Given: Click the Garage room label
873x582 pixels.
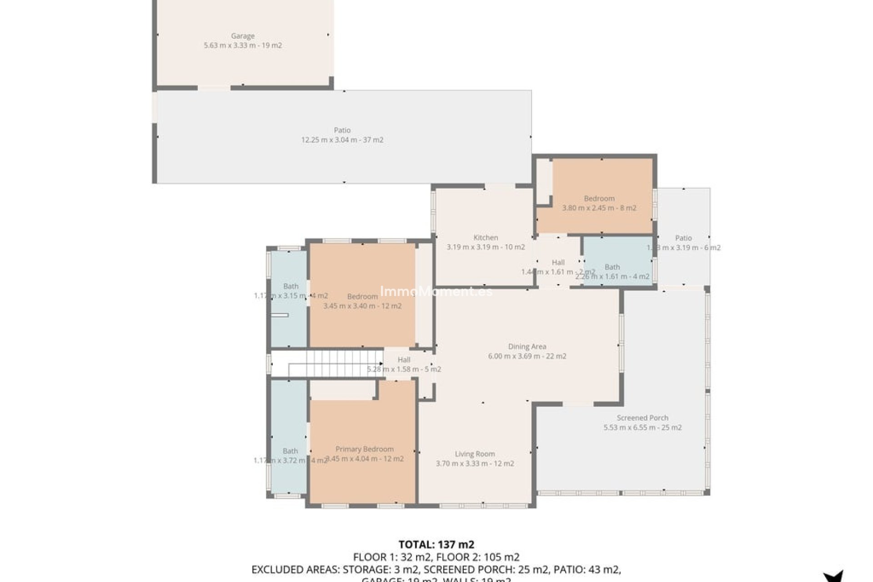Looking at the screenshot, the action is point(242,36).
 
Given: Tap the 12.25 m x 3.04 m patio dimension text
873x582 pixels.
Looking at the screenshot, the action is point(342,140).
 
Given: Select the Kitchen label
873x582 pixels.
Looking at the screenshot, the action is point(486,237).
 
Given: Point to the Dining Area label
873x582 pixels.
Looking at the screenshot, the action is point(527,346).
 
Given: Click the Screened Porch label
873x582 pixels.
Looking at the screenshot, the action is point(642,418).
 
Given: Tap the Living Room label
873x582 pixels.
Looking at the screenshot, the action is point(475,454).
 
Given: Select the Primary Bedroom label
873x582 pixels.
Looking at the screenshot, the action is point(364,449).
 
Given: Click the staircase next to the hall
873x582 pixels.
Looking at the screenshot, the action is point(336,363).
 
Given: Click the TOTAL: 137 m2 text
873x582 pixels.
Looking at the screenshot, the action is point(436,544).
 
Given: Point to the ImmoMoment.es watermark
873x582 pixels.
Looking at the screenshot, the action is point(436,291).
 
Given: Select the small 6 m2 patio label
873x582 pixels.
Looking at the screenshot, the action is point(683,238).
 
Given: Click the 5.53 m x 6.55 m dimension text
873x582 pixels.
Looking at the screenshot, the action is point(642,427).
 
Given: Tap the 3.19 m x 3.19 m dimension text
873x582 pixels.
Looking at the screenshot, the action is point(486,247).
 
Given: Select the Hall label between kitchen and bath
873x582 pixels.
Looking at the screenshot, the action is point(558,262).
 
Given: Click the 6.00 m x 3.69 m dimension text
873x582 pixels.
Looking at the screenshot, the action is point(527,356).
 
